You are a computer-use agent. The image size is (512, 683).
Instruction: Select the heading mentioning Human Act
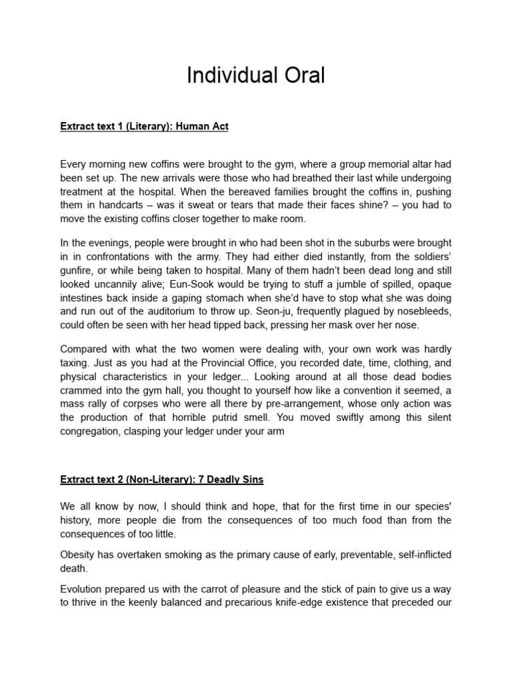pos(144,126)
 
